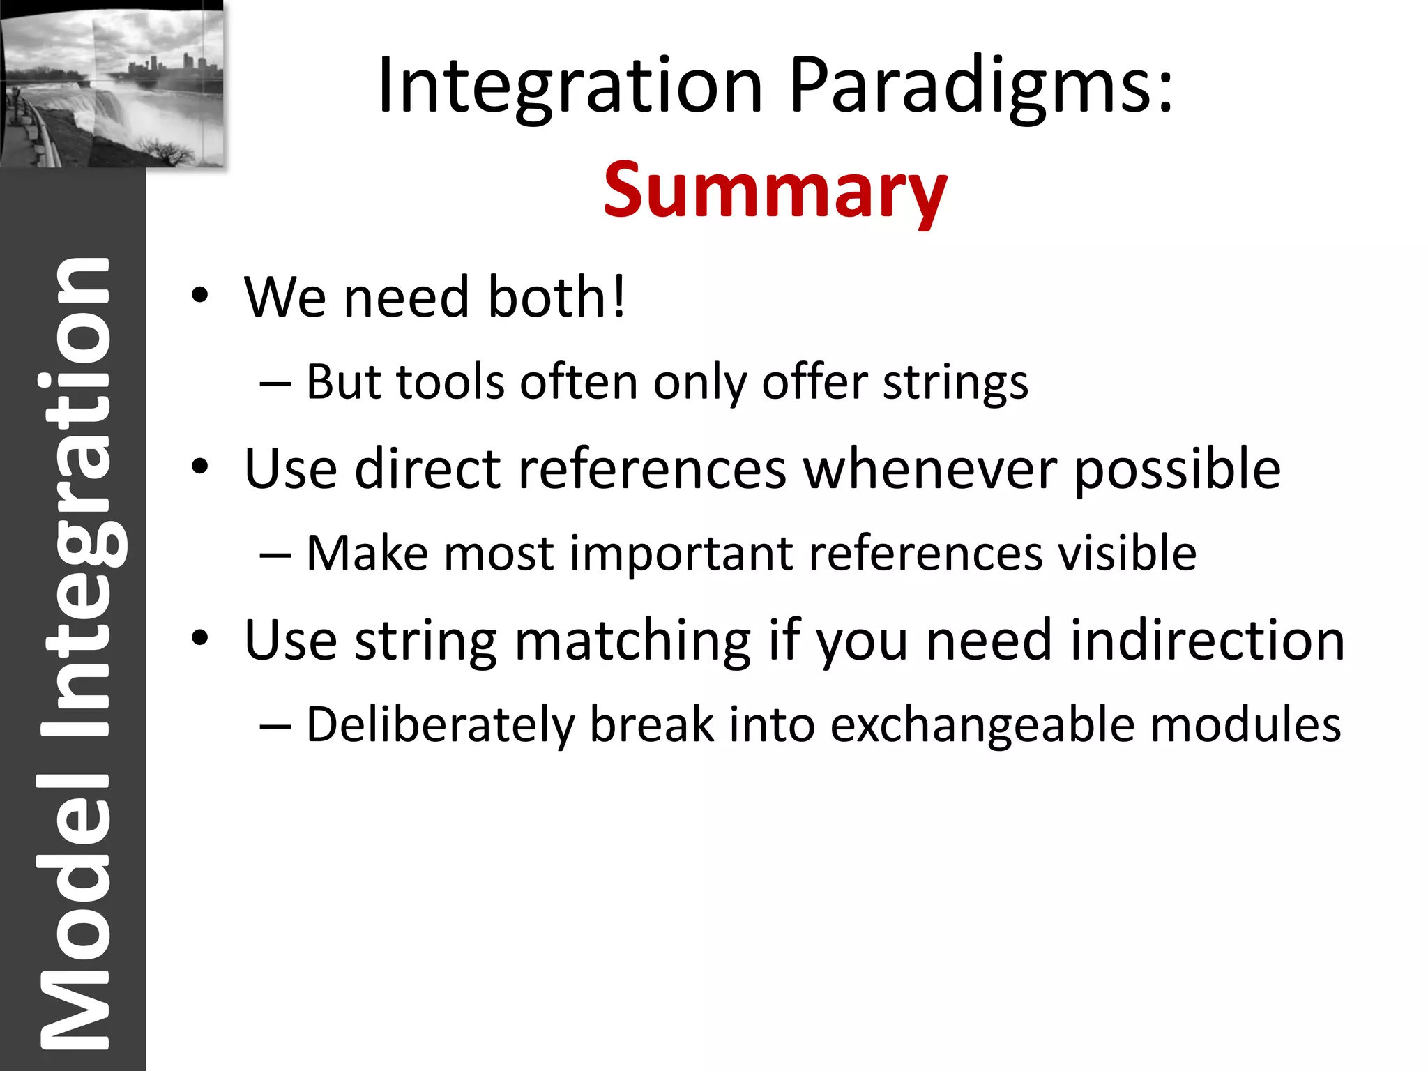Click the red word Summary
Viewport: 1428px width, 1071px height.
(775, 190)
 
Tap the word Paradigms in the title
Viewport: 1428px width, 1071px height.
(982, 86)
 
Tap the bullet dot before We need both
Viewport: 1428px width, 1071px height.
(200, 296)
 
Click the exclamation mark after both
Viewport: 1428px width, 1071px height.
(618, 296)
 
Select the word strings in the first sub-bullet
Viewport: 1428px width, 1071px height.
(955, 383)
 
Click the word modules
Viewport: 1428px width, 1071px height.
(1245, 724)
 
